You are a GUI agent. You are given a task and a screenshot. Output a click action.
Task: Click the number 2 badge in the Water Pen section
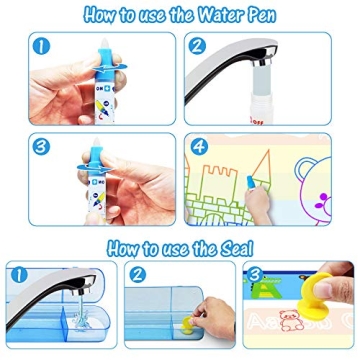[x=198, y=47]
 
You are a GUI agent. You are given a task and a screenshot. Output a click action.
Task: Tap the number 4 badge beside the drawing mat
[x=198, y=147]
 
